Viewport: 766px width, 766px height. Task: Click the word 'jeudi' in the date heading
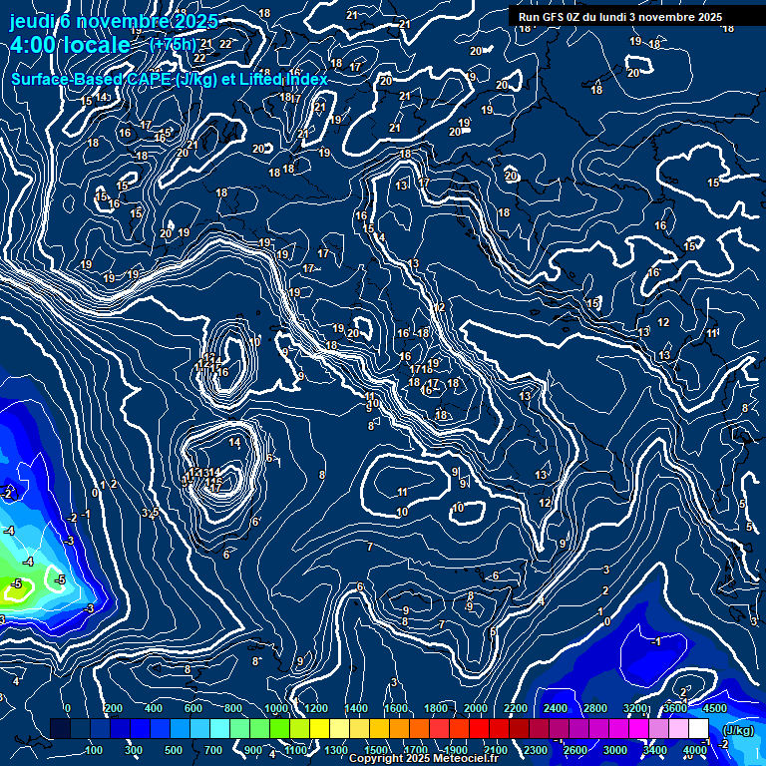coord(32,22)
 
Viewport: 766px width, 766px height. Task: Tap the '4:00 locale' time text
coord(70,45)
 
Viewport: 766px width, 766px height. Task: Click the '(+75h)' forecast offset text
coord(173,45)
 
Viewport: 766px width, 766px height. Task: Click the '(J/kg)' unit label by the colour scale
coord(738,731)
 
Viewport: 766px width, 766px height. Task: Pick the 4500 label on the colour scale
coord(714,708)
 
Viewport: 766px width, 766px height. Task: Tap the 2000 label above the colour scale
coord(476,708)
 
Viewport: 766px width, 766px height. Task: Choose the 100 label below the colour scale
coord(95,750)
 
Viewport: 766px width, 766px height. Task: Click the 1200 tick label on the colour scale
coord(315,708)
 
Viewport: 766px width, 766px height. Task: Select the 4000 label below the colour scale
coord(696,750)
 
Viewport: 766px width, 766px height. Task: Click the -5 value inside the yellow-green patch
coord(17,583)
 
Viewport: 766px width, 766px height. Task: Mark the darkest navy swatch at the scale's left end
coord(60,729)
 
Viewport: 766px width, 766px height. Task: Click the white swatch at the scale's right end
coord(698,729)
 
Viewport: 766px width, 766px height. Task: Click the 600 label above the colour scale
coord(194,708)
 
